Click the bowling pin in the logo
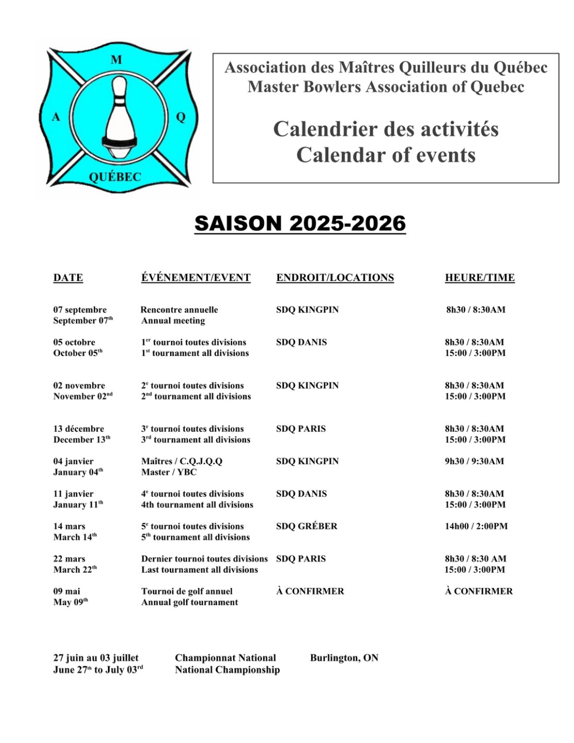click(x=120, y=117)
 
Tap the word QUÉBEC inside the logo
click(x=115, y=177)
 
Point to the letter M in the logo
click(x=116, y=60)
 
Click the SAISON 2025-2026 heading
click(x=300, y=223)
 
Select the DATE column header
click(x=68, y=278)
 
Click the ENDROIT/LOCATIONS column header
click(x=335, y=278)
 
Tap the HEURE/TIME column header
click(x=480, y=278)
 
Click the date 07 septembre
click(x=80, y=310)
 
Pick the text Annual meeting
click(x=173, y=321)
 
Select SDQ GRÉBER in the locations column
click(x=307, y=526)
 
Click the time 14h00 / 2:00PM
click(x=476, y=526)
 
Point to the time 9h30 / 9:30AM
click(x=474, y=461)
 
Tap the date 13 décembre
click(x=79, y=429)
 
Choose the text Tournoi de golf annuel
click(x=187, y=591)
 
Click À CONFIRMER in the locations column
click(x=310, y=591)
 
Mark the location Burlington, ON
click(x=344, y=658)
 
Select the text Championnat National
click(x=225, y=658)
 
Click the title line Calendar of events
click(x=386, y=155)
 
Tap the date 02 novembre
click(x=79, y=385)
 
